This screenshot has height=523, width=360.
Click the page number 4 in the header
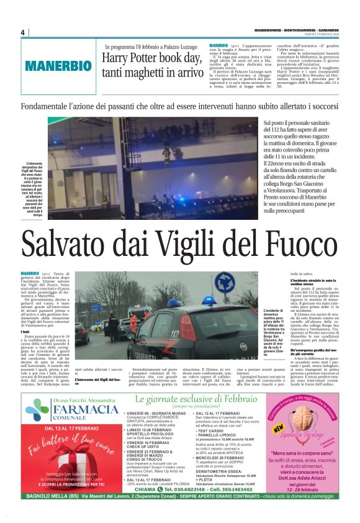[23, 32]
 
